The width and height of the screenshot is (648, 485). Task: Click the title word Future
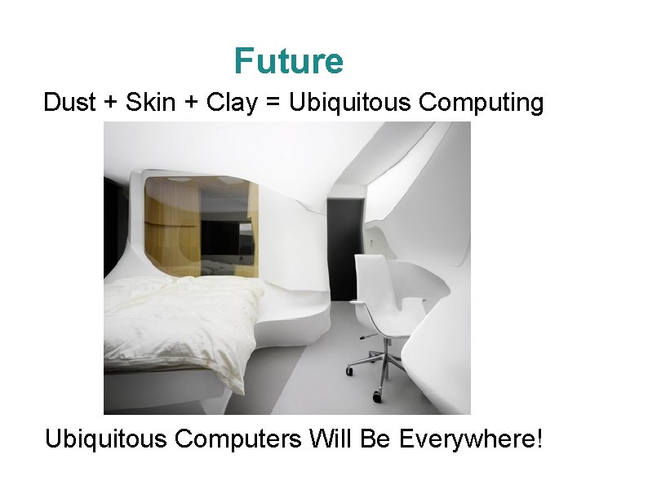pyautogui.click(x=288, y=61)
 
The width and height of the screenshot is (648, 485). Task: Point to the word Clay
pyautogui.click(x=230, y=104)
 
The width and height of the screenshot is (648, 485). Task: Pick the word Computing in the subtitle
pyautogui.click(x=481, y=104)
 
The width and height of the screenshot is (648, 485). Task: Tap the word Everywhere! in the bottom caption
pyautogui.click(x=471, y=440)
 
